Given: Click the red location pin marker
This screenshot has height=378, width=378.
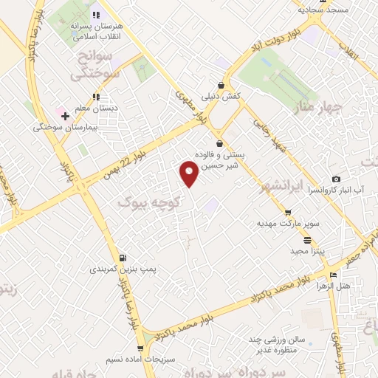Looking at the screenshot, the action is pos(189,173).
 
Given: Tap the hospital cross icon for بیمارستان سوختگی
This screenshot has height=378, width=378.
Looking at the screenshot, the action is pos(65,116).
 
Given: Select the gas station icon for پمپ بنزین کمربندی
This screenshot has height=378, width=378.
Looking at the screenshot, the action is pos(122,258).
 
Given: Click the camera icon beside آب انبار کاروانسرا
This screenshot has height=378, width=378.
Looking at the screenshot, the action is pos(337,179).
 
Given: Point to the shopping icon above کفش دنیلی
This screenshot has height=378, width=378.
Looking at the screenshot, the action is pos(221,85).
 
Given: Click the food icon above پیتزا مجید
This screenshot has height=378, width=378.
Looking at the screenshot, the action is pos(307,240).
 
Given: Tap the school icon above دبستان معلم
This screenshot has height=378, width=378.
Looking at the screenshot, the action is pos(96,96).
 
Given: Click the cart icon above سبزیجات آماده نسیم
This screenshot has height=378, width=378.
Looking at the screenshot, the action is pos(140,348).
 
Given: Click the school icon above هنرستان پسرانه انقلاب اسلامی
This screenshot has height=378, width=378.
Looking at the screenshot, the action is pos(96,14).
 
